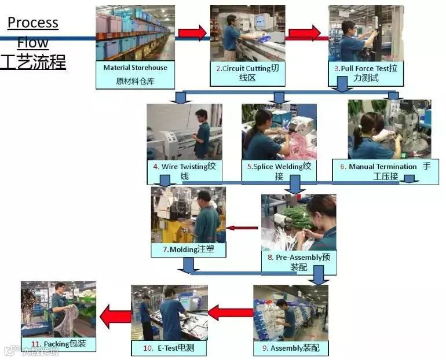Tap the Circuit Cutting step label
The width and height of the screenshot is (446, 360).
point(247,73)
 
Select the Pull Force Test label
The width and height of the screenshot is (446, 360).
point(366,73)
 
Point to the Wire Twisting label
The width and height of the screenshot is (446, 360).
point(184,171)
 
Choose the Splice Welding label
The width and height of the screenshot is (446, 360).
point(279,171)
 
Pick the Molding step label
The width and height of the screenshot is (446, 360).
point(188,249)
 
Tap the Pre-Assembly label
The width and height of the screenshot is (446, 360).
point(298,262)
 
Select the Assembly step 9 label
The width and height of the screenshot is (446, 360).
point(291,348)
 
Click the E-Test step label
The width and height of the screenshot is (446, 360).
point(168,348)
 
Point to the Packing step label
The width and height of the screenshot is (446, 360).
point(59,344)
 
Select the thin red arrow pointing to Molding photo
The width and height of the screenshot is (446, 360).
point(242,227)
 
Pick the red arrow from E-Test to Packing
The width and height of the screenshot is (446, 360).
point(115,317)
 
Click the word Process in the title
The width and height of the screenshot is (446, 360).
point(33,23)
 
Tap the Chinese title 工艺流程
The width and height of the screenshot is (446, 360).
point(33,62)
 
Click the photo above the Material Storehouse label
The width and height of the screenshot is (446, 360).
point(135,32)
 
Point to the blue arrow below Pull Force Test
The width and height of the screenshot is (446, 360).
point(342,85)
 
